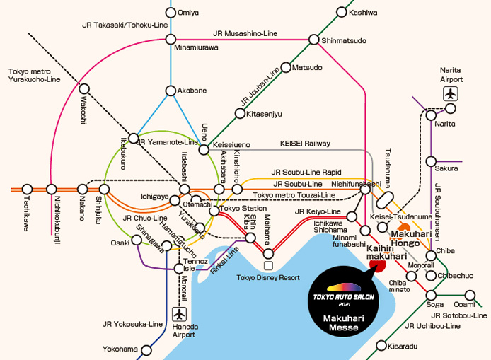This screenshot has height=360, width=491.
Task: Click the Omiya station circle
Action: (170, 12)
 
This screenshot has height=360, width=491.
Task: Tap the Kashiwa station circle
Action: (342, 12)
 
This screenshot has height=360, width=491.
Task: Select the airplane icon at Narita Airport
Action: (451, 93)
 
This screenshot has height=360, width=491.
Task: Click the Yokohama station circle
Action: (146, 349)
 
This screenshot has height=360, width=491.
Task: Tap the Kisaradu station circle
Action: (382, 347)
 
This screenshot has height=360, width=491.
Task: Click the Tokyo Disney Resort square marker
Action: (268, 265)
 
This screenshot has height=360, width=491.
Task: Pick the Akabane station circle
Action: (170, 91)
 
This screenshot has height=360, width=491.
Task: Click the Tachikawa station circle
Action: (27, 189)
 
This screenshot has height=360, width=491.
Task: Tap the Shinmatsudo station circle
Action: (316, 40)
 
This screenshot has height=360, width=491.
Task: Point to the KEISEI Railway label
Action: (306, 144)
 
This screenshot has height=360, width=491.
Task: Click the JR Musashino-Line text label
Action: (245, 33)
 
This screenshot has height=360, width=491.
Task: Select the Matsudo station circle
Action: (286, 68)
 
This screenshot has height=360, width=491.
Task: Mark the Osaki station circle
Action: (137, 240)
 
